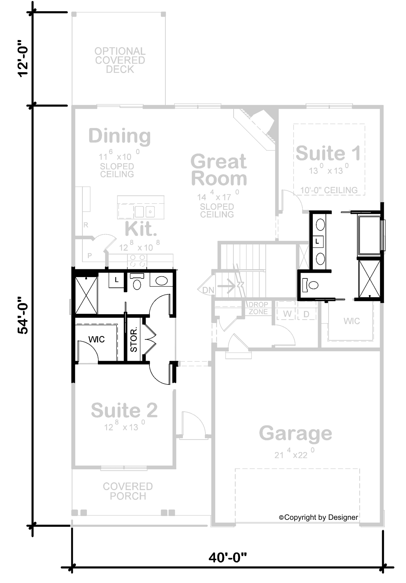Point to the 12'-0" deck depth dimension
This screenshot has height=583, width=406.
[23, 59]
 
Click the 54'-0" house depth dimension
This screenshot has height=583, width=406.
[23, 315]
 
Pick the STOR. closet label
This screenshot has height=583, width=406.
[134, 339]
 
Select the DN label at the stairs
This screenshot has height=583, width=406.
[208, 290]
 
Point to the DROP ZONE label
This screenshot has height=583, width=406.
[258, 308]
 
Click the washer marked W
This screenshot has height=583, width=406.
[287, 314]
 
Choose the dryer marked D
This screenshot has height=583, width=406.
[306, 314]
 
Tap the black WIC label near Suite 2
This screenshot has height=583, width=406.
[96, 339]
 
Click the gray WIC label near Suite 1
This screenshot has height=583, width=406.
[352, 321]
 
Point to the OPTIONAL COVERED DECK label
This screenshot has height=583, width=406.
[120, 60]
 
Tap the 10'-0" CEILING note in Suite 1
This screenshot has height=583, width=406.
[329, 190]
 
